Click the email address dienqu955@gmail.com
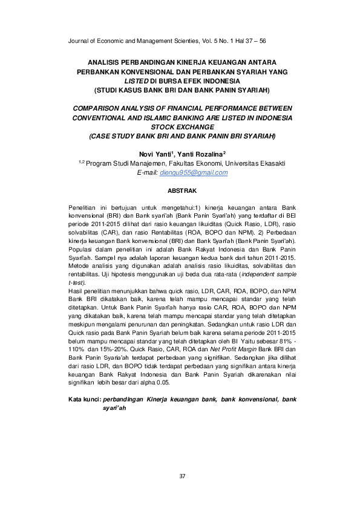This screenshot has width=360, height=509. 192,172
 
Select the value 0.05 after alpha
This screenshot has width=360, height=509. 162,383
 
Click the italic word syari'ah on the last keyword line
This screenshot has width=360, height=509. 114,409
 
